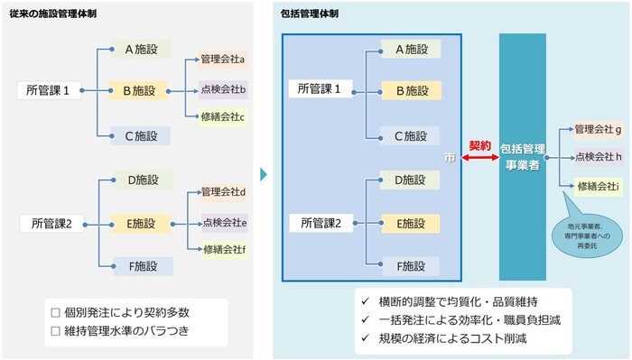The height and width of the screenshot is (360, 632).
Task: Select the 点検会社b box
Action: pyautogui.click(x=223, y=88)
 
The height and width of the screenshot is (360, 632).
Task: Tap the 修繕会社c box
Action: pyautogui.click(x=223, y=116)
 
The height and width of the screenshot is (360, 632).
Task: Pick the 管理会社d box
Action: pyautogui.click(x=223, y=192)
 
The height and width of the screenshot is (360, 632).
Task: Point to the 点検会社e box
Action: pyautogui.click(x=223, y=222)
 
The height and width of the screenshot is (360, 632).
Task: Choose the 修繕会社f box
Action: pyautogui.click(x=223, y=249)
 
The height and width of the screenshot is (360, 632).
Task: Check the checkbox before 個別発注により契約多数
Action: pyautogui.click(x=55, y=312)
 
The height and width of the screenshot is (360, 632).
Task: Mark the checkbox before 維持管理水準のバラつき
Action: pyautogui.click(x=55, y=330)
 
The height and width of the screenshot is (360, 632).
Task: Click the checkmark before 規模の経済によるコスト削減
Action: pyautogui.click(x=364, y=338)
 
